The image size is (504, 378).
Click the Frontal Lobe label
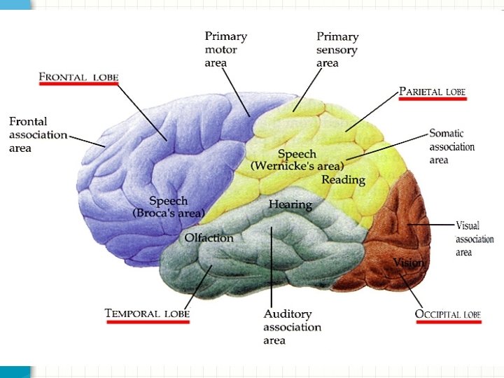(78, 76)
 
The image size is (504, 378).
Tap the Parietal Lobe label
(432, 92)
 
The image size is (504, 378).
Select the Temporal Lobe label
(147, 314)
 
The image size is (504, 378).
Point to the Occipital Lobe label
(448, 314)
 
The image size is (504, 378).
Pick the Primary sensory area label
(337, 50)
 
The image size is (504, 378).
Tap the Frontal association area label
(38, 134)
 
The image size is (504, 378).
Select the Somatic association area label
(451, 146)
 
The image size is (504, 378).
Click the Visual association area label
(475, 239)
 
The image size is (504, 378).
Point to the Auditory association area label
(292, 327)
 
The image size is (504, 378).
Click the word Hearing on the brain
(290, 204)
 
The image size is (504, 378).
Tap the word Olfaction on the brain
(209, 238)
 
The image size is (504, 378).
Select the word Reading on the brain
(343, 180)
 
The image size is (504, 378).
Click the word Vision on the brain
(409, 262)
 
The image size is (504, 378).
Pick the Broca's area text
(169, 212)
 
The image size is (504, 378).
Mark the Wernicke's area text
(297, 167)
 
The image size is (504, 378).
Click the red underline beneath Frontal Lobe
(78, 84)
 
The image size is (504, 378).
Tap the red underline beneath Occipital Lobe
(448, 323)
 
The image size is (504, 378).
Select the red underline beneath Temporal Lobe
(147, 322)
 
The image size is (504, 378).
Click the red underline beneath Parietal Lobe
(432, 99)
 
